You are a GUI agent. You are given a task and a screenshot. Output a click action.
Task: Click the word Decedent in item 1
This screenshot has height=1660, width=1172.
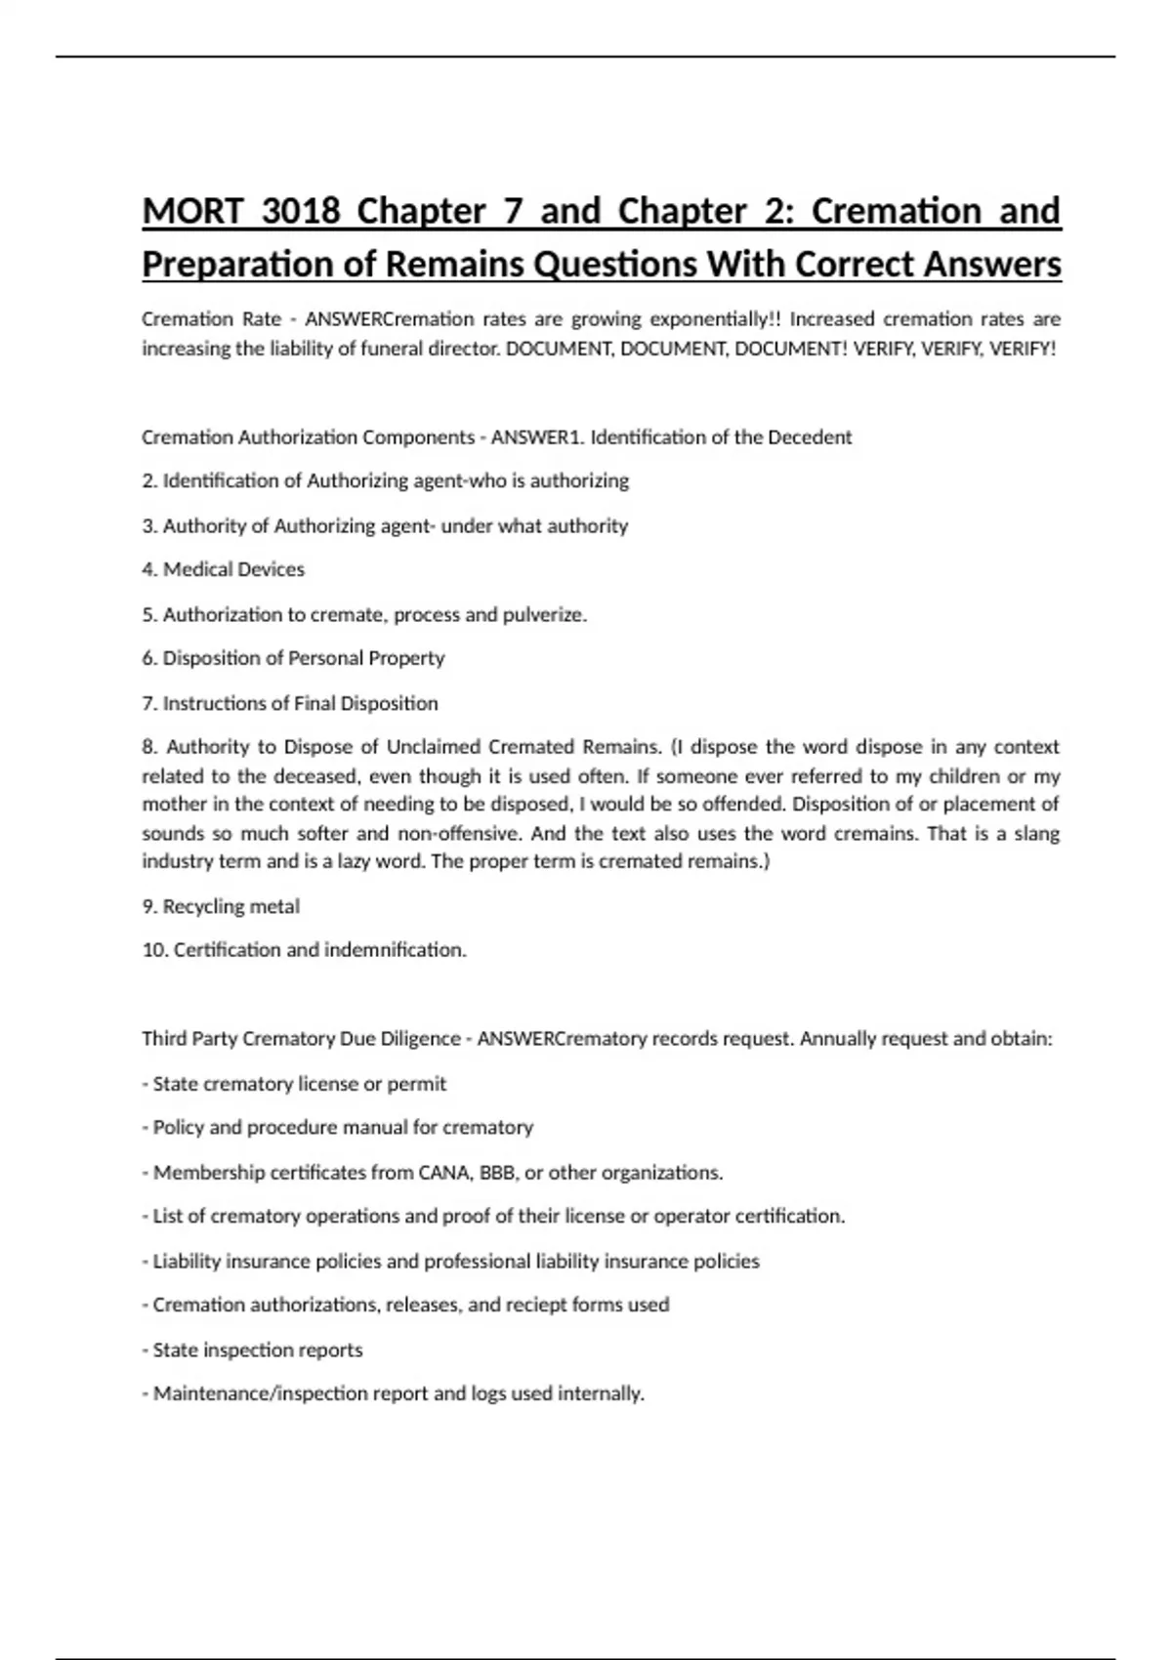(x=810, y=437)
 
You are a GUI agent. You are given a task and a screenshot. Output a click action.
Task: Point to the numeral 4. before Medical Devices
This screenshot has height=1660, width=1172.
(x=149, y=569)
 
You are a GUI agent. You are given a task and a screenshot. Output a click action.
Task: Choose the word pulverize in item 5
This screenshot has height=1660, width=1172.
(x=543, y=615)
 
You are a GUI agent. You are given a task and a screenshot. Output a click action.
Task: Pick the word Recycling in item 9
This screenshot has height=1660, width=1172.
(x=204, y=906)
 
